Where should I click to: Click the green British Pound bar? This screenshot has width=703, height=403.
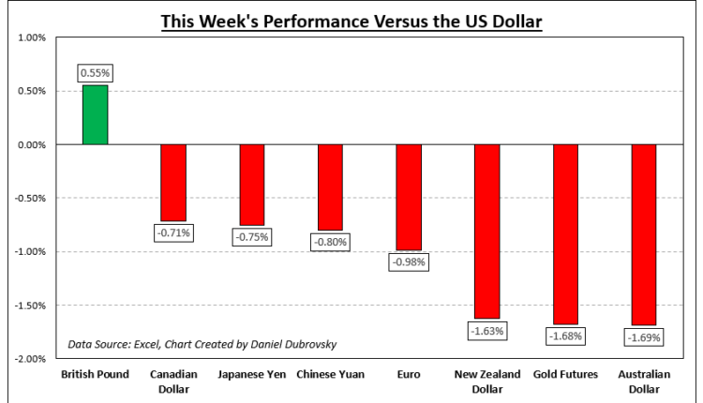coord(95,115)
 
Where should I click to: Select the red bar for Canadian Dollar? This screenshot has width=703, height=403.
coord(173,183)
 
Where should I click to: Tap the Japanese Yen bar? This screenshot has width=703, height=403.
coord(252,185)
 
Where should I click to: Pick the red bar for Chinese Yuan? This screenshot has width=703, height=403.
coord(331,187)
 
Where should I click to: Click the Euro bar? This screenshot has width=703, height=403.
coord(410,198)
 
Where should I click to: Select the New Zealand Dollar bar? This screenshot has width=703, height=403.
coord(488,231)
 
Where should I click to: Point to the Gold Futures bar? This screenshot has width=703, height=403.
coord(567,234)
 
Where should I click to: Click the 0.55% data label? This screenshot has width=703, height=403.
coord(95,71)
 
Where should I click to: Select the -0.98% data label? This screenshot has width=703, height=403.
coord(410,262)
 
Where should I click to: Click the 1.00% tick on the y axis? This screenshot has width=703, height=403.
coord(32,38)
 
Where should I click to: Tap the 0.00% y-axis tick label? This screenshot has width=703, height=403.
coord(32,145)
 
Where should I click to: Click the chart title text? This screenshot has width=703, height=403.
coord(351,20)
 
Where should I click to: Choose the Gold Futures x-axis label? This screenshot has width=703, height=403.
coord(567,375)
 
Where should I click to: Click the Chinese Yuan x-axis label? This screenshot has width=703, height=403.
coord(331,375)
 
